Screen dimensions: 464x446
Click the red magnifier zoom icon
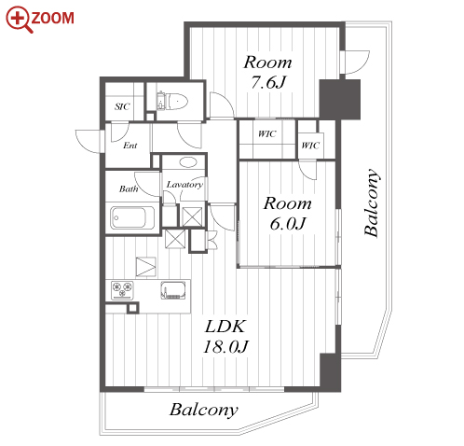click(x=18, y=19)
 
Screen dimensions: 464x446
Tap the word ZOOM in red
click(x=53, y=18)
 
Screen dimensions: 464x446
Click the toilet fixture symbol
click(x=172, y=101)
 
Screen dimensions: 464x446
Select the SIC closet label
click(x=122, y=106)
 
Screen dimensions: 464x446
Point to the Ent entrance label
click(x=130, y=146)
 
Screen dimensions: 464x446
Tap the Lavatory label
click(x=184, y=185)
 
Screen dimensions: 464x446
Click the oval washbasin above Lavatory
click(x=188, y=162)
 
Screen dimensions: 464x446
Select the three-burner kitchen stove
click(x=123, y=290)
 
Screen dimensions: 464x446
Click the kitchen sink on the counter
click(x=173, y=290)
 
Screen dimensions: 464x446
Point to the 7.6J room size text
click(x=267, y=82)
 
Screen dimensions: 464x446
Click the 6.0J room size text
click(x=288, y=223)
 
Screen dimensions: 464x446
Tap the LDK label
click(x=225, y=327)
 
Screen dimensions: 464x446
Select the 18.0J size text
click(x=225, y=346)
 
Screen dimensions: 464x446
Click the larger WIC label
click(x=267, y=134)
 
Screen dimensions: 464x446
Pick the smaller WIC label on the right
click(x=310, y=146)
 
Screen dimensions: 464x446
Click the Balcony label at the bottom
click(x=204, y=410)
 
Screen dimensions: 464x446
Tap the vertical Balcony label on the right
click(x=372, y=202)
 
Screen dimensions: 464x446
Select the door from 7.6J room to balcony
click(x=355, y=63)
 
